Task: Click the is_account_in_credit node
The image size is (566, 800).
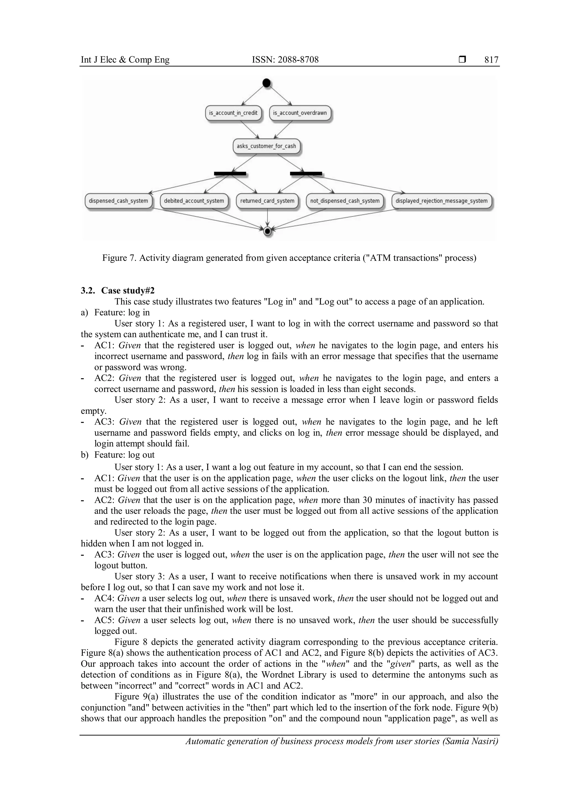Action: (x=233, y=113)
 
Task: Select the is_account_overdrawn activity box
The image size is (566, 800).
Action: (x=300, y=113)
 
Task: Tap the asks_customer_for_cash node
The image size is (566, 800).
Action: (x=266, y=146)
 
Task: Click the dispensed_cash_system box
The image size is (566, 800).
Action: (x=119, y=201)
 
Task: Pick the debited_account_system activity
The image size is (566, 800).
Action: (x=194, y=201)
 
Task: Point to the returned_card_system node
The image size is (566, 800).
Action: (x=267, y=201)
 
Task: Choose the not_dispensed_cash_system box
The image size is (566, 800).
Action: (x=345, y=201)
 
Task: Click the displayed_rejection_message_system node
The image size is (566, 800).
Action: (x=441, y=201)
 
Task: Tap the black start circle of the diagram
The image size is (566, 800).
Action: (x=267, y=83)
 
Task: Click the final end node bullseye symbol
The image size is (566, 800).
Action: (x=267, y=231)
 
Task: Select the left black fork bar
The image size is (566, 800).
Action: (x=230, y=173)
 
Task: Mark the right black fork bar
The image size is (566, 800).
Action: (x=306, y=173)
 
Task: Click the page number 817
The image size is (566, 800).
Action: (x=491, y=60)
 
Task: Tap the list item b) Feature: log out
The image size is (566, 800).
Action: (x=118, y=455)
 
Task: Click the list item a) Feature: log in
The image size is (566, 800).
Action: (x=115, y=312)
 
